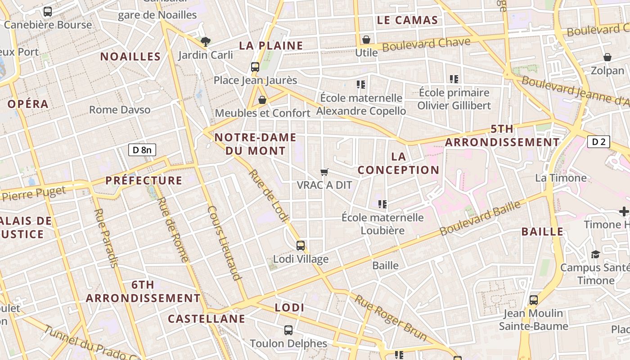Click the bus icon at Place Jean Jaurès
tap(255, 67)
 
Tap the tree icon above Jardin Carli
tap(206, 42)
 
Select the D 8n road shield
tap(142, 150)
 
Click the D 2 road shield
tap(598, 142)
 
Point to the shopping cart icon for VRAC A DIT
tap(324, 172)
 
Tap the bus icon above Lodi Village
tap(301, 246)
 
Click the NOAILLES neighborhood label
tap(130, 57)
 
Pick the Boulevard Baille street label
tap(480, 218)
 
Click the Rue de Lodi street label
tap(269, 196)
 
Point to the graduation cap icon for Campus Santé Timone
tap(596, 254)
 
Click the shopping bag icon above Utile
tap(366, 40)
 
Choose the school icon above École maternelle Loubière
tap(382, 204)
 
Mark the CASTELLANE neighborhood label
tap(207, 319)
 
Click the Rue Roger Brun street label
tap(390, 317)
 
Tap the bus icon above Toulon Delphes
tap(288, 330)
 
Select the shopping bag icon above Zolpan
tap(607, 57)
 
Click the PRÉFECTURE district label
tap(144, 181)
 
